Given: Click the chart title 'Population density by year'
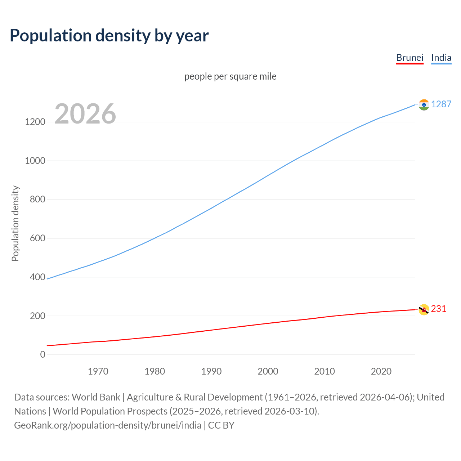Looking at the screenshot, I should click(109, 36).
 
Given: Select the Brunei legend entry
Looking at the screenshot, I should click(409, 58).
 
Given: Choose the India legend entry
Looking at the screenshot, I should click(441, 58).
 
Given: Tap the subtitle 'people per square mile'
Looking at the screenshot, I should click(230, 76).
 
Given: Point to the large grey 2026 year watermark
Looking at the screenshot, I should click(85, 114).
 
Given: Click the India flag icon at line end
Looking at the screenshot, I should click(424, 105).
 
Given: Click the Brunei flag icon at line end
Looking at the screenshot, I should click(424, 309).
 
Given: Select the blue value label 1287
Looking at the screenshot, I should click(441, 104).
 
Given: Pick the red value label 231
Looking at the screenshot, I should click(438, 309).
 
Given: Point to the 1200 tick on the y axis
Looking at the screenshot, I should click(35, 122).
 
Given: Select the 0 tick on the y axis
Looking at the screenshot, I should click(43, 354).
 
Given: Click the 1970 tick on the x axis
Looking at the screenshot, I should click(98, 371).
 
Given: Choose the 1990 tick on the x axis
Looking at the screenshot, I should click(211, 371).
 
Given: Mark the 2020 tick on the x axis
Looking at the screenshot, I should click(381, 371).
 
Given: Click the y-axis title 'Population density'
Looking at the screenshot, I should click(15, 223).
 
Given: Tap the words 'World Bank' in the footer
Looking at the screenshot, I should click(96, 397).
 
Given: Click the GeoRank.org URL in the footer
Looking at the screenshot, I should click(108, 425).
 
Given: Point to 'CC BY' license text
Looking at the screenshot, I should click(221, 425).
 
